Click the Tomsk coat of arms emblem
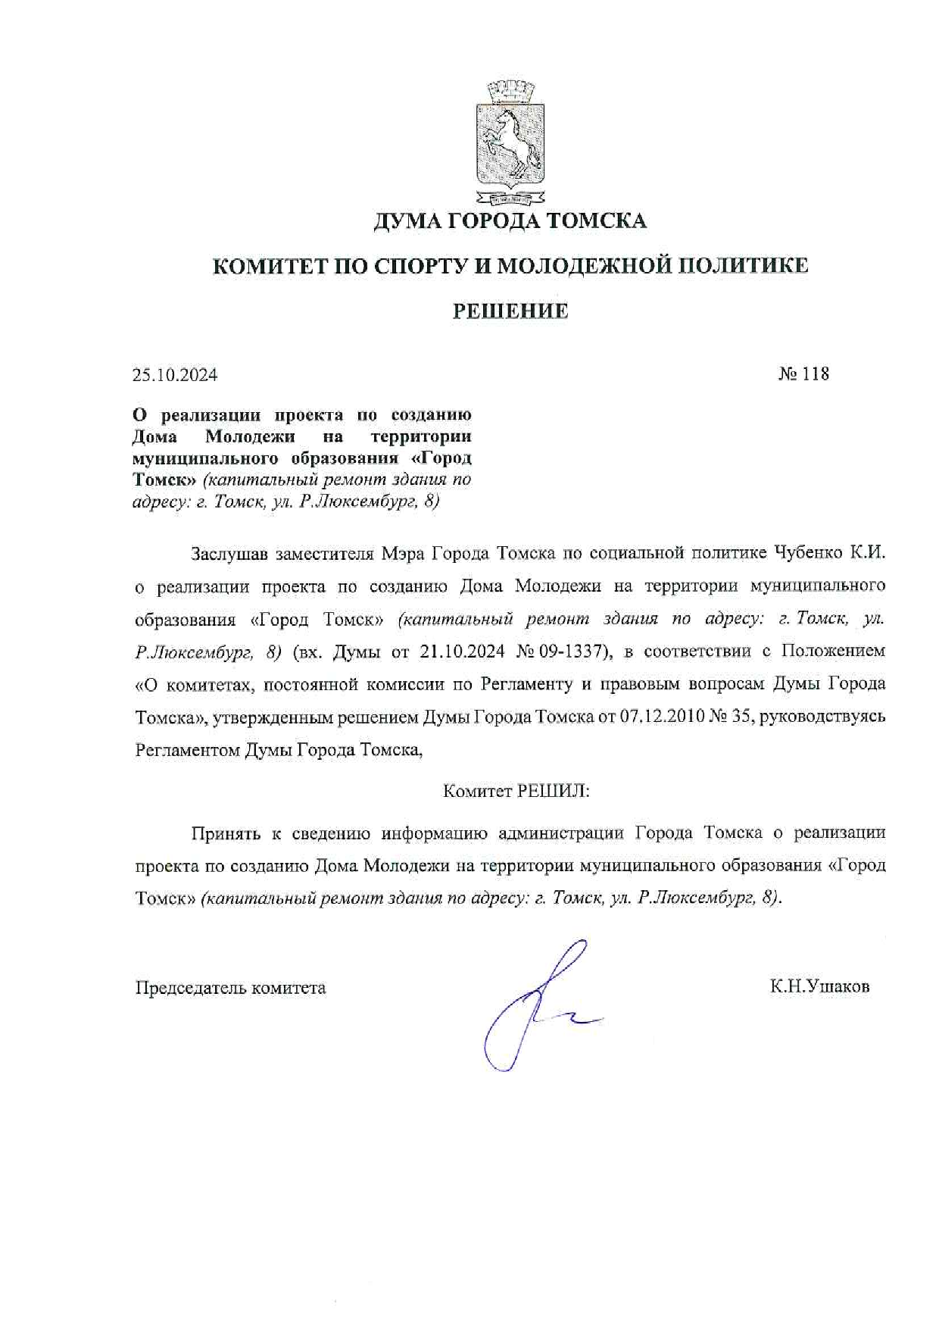coord(510,146)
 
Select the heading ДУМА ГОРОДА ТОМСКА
coord(510,221)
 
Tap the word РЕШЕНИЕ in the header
coord(510,311)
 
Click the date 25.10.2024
coord(175,375)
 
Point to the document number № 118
coord(803,373)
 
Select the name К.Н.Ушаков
coord(819,987)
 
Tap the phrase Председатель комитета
coord(230,988)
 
